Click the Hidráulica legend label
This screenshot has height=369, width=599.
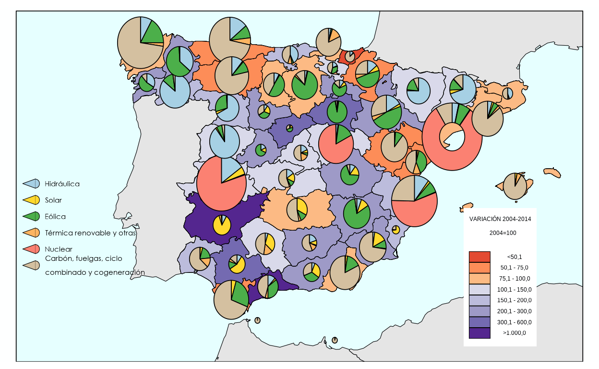pyautogui.click(x=62, y=184)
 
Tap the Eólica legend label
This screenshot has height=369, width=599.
pyautogui.click(x=55, y=216)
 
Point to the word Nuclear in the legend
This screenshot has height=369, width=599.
pyautogui.click(x=59, y=249)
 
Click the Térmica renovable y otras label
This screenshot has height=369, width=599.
pyautogui.click(x=90, y=233)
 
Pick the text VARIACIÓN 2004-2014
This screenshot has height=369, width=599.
pyautogui.click(x=500, y=219)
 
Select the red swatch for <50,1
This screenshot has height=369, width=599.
pyautogui.click(x=479, y=257)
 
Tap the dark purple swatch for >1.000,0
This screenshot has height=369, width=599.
pyautogui.click(x=479, y=333)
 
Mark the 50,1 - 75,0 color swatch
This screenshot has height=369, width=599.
pyautogui.click(x=479, y=268)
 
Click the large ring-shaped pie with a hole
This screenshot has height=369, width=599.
pyautogui.click(x=452, y=136)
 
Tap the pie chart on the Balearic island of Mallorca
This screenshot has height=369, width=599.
pyautogui.click(x=515, y=186)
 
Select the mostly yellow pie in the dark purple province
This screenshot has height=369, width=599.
pyautogui.click(x=222, y=224)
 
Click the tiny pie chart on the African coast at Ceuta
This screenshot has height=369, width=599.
pyautogui.click(x=258, y=320)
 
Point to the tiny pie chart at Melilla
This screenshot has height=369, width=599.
pyautogui.click(x=335, y=340)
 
